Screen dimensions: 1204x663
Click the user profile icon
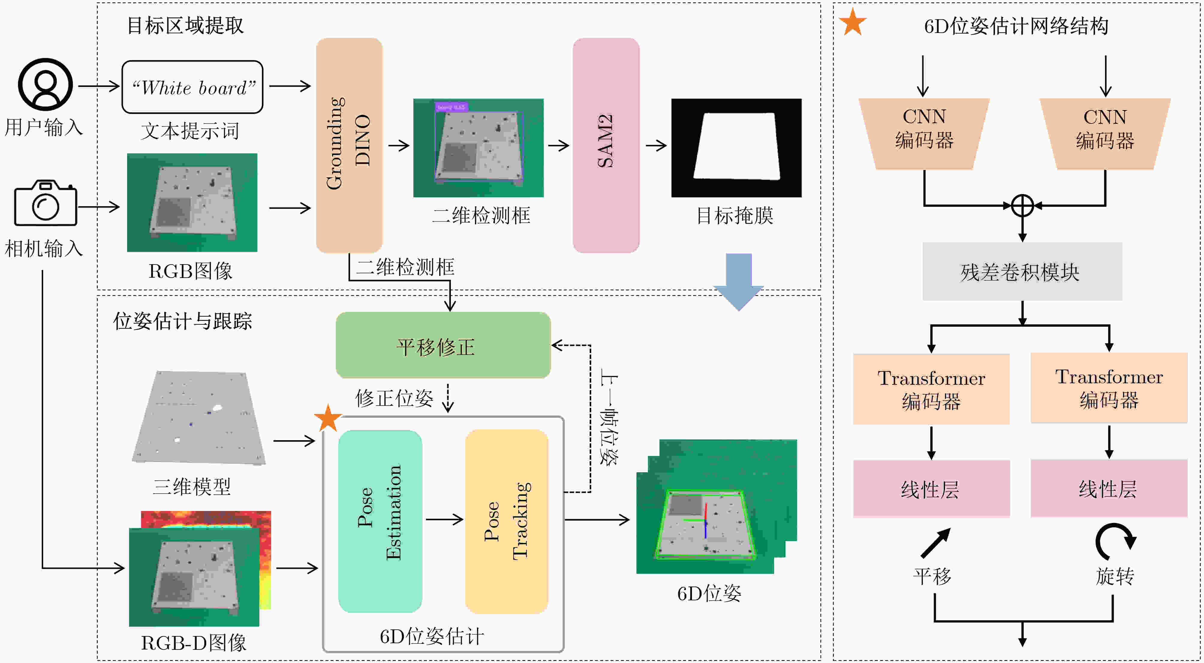click(x=45, y=84)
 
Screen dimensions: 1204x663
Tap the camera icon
click(x=45, y=203)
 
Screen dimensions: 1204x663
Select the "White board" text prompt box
click(x=192, y=87)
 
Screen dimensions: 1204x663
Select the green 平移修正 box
click(x=443, y=345)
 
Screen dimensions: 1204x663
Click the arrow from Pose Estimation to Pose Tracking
click(x=444, y=519)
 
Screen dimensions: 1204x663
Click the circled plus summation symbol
click(x=1022, y=205)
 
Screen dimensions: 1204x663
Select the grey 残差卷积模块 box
click(x=1022, y=271)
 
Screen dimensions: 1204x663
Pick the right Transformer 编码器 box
click(x=1109, y=388)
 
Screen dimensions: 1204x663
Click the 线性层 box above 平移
click(x=931, y=488)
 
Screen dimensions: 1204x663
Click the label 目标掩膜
click(x=735, y=216)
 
